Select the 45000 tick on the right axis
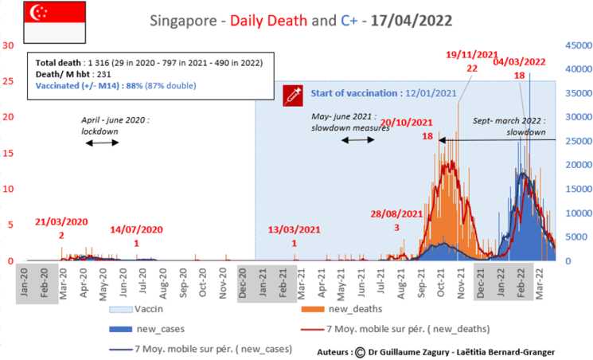[575, 45]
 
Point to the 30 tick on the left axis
[9, 45]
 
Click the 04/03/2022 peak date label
[519, 61]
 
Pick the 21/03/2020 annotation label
[61, 222]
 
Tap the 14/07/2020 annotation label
[136, 229]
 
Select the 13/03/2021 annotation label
[295, 230]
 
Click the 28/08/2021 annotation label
[396, 213]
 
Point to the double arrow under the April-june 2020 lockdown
[102, 143]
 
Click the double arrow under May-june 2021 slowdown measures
[358, 139]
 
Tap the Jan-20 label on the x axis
[26, 281]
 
